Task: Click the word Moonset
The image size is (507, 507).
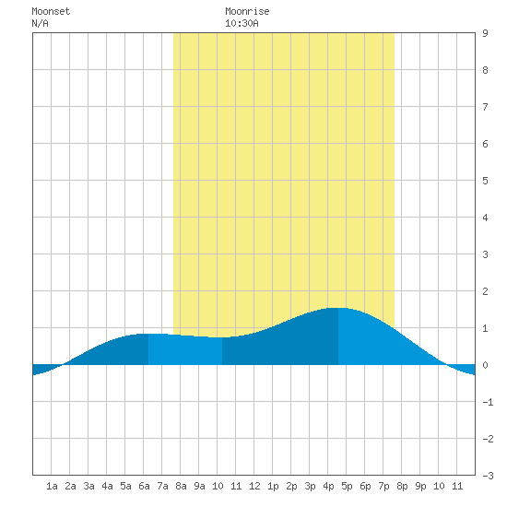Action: pos(51,11)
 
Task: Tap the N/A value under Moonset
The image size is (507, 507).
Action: pos(40,23)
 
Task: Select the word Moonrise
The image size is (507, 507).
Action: pos(247,11)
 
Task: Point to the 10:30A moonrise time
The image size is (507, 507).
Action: pos(242,23)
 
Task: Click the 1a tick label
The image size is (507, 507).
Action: pos(52,486)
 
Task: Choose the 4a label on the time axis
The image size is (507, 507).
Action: pos(107,486)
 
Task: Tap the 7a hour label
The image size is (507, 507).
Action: pos(162,486)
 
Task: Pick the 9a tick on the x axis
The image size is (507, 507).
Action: pos(199,486)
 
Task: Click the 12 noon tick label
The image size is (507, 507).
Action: pos(254,486)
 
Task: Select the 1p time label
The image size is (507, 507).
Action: pos(273,486)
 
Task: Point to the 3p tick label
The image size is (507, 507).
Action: pos(310,486)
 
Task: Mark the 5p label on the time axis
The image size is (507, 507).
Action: pos(347,486)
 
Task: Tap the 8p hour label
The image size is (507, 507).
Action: pos(402,486)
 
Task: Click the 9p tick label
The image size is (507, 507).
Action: pos(420,486)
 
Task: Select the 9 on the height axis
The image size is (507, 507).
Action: pos(485,33)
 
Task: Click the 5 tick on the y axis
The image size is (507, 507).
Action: pos(485,181)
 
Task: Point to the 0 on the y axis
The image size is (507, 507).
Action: pos(485,365)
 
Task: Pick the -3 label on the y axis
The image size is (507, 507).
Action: pos(488,476)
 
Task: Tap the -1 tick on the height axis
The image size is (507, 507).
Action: pos(488,402)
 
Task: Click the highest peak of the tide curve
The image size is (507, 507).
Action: pos(338,308)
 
